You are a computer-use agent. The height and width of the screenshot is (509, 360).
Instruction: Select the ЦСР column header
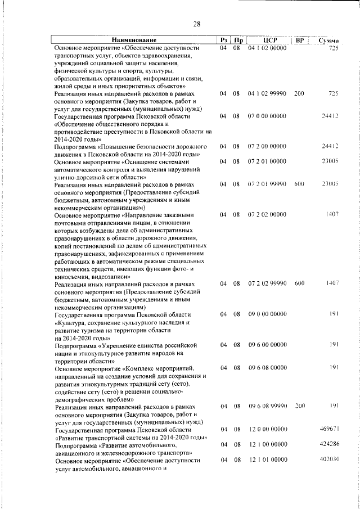[268, 40]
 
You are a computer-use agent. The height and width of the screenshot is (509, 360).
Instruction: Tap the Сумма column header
[327, 41]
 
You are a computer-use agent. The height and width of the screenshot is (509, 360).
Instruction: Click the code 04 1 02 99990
[268, 93]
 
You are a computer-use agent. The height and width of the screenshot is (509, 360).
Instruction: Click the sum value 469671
[326, 429]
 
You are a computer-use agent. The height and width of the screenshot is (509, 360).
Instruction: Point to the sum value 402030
[326, 460]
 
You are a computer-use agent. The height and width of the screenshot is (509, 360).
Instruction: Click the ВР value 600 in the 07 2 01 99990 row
[299, 184]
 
